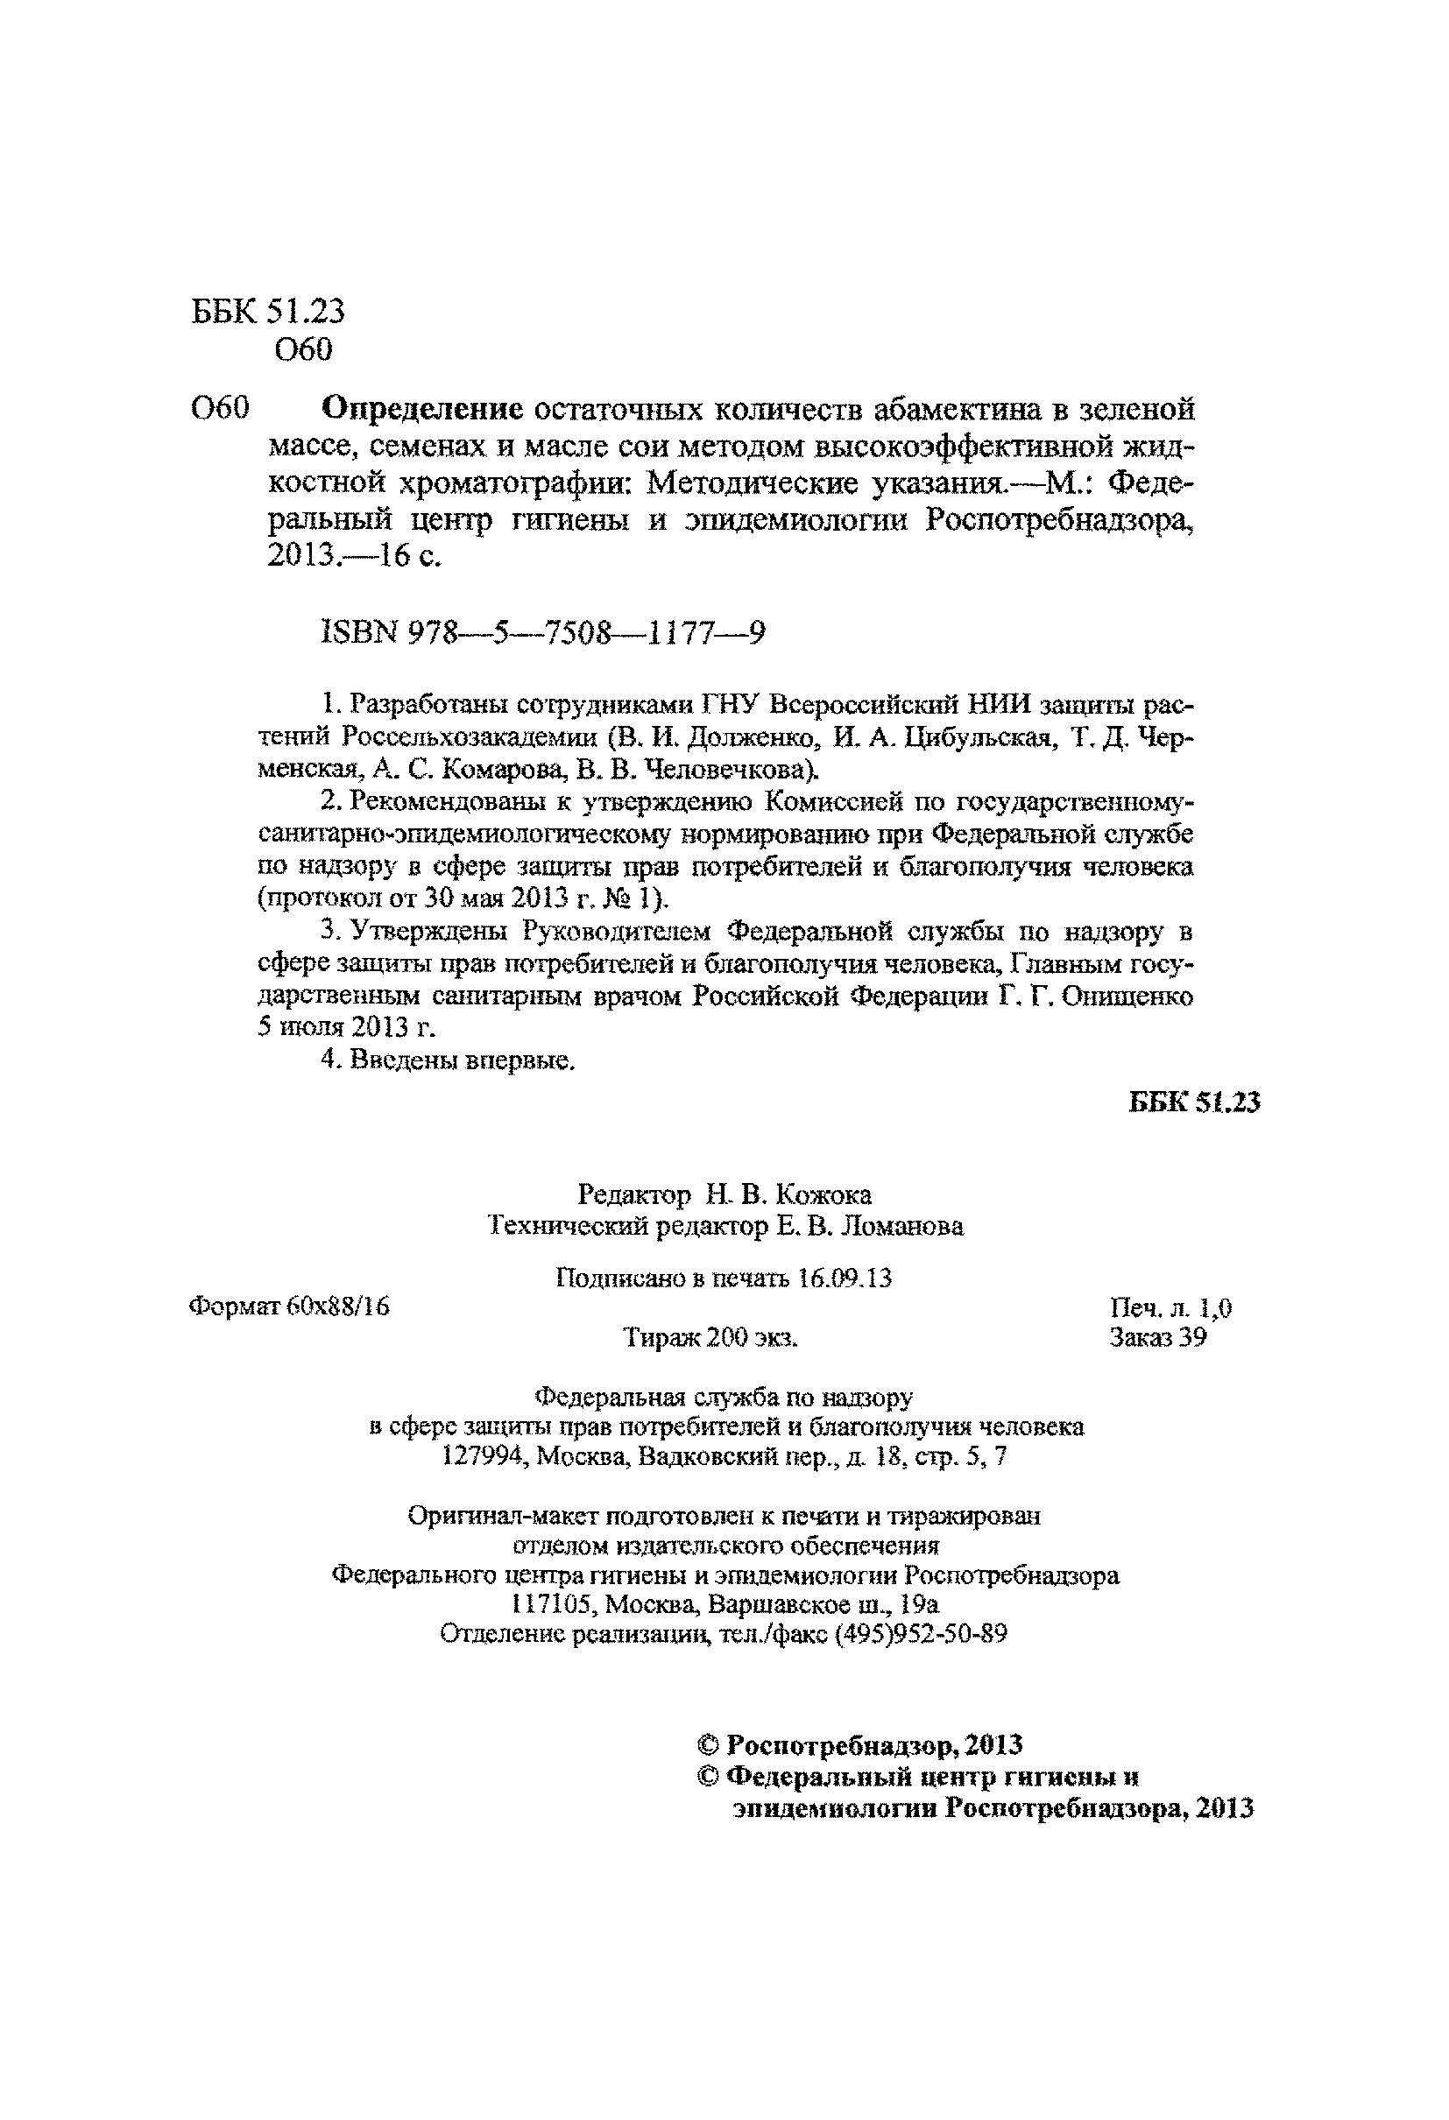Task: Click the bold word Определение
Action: click(x=424, y=409)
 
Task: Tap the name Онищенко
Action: click(x=1136, y=997)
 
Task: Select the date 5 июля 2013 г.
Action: click(x=347, y=1028)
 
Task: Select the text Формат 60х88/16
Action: click(x=289, y=1307)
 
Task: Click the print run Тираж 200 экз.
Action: click(x=710, y=1338)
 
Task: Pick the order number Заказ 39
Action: click(x=1157, y=1337)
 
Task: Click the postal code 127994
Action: click(x=482, y=1457)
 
